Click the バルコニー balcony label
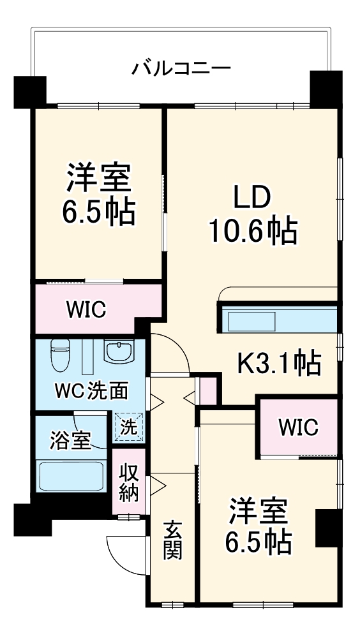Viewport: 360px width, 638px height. click(x=181, y=68)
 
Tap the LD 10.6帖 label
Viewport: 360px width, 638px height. click(x=253, y=215)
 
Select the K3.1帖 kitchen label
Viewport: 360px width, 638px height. click(x=279, y=364)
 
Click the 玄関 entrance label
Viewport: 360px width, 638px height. click(x=172, y=540)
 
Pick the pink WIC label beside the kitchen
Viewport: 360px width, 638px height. click(x=297, y=427)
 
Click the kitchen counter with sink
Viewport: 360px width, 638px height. click(x=278, y=320)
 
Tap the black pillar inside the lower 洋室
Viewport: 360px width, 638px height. click(x=326, y=528)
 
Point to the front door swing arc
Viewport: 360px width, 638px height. click(x=124, y=553)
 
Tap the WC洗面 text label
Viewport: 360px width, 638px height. click(x=91, y=390)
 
